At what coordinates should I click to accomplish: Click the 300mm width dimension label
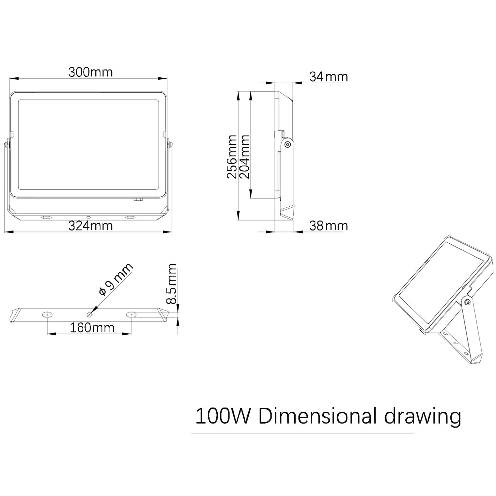(90, 72)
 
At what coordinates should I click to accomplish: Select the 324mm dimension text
(90, 226)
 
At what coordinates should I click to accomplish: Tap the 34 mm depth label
(328, 77)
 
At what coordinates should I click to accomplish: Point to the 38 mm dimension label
(328, 226)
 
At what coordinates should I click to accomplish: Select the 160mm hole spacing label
(92, 327)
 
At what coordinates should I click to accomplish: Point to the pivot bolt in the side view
(288, 144)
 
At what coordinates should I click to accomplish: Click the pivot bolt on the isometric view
(467, 302)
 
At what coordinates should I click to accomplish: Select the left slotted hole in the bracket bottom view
(47, 314)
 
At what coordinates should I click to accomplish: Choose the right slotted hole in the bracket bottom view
(132, 314)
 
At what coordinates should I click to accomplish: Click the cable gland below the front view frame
(137, 200)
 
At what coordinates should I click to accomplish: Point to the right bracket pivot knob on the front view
(170, 145)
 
